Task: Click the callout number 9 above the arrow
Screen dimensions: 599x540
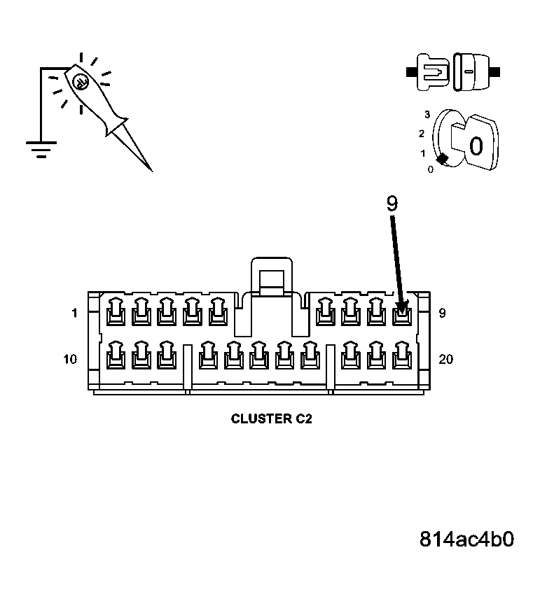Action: coord(391,204)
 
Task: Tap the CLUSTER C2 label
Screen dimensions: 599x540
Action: coord(271,419)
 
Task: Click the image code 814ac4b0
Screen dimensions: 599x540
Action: coord(467,540)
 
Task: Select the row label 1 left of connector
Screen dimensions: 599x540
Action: coord(74,313)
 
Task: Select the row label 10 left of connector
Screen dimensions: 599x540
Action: coord(71,360)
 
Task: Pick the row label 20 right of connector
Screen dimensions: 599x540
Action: coord(445,360)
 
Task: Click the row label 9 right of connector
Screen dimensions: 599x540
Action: coord(441,313)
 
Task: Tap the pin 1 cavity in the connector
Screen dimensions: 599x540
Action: coord(115,312)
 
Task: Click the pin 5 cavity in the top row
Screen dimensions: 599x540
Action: coord(217,312)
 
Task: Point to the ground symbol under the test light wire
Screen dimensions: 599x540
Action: coord(41,148)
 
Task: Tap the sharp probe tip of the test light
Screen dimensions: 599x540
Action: coord(150,169)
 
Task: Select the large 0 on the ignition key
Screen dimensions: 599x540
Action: coord(476,146)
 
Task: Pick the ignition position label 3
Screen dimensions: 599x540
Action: coord(427,114)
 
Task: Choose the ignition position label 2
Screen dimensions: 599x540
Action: coord(422,133)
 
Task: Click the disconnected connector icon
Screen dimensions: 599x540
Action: coord(452,72)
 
